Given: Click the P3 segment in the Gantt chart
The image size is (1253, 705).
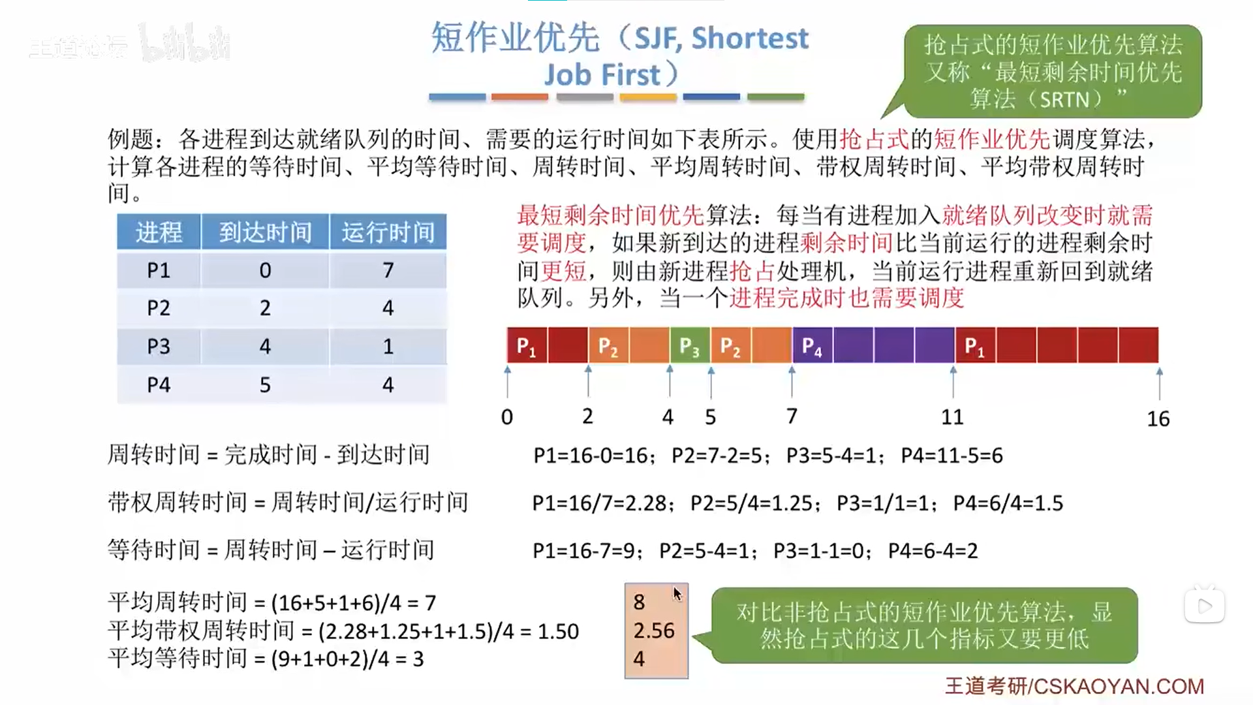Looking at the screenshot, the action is coord(690,345).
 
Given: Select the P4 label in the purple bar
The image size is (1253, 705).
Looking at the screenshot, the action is coord(812,346).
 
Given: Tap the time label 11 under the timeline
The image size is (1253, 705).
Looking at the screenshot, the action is coord(952,417).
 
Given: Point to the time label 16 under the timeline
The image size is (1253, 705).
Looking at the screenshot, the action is coord(1158,419).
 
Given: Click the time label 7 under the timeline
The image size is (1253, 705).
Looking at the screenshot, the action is coord(792,416).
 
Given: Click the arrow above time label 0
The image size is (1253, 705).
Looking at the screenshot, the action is coord(508,381).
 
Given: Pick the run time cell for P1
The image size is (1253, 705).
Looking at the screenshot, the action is coord(388,270).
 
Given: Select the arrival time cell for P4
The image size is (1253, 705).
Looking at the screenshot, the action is coord(265,384).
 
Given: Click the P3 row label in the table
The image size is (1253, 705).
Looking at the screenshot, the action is coord(159,346).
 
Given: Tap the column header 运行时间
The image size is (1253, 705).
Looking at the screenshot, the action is coord(388,232).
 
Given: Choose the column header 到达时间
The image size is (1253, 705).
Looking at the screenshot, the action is coord(265,232).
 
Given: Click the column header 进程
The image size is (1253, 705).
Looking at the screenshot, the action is coord(159,232).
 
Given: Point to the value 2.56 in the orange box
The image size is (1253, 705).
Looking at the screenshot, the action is coord(654,631).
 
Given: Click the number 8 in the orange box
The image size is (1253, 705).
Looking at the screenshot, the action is coord(639,602).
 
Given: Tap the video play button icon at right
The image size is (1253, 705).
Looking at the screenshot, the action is coord(1205,606).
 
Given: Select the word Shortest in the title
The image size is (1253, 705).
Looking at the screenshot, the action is coord(750,39).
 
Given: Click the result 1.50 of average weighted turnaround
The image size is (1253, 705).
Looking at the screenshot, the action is coord(558,631).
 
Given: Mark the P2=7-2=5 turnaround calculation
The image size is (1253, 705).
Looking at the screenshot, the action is coord(717,456).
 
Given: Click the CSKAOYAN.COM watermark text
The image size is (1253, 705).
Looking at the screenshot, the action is coord(1119,686).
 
